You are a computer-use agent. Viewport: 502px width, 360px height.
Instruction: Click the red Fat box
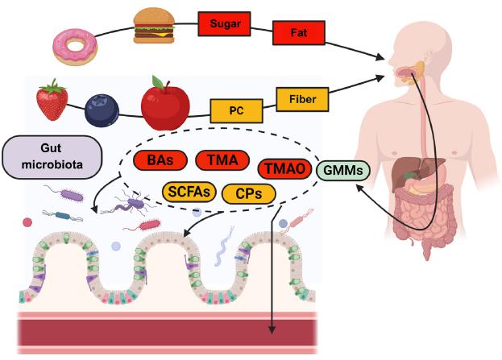(298, 32)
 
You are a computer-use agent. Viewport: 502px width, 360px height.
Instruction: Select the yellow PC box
(234, 110)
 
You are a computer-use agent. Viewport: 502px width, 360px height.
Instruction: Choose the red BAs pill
(160, 160)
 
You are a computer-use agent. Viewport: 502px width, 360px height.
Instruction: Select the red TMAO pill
(284, 169)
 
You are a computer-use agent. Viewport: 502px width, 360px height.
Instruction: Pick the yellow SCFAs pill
(188, 192)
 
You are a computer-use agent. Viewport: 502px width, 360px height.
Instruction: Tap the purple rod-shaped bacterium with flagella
(67, 194)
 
